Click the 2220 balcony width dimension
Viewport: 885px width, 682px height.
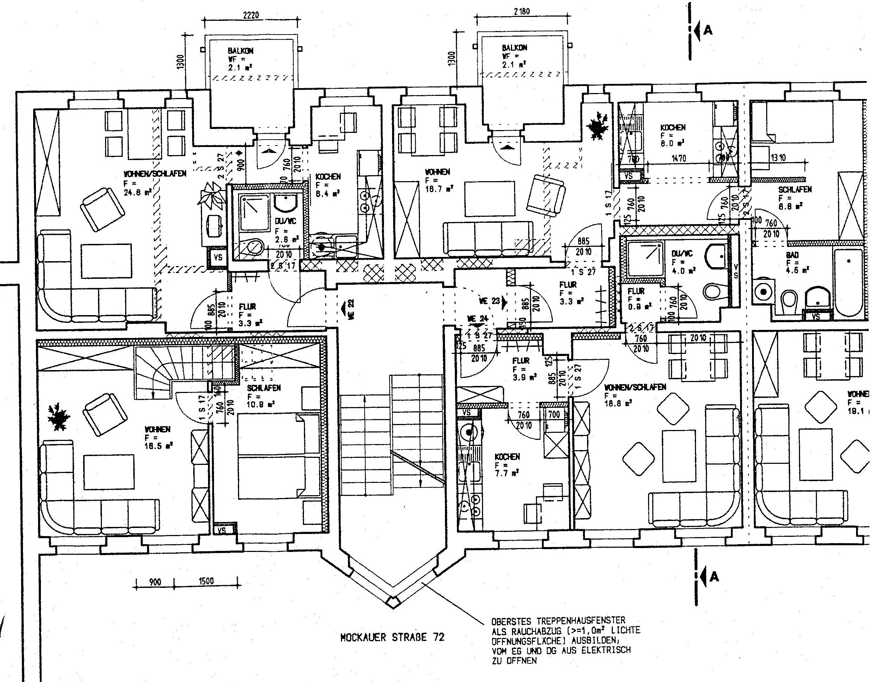coord(251,15)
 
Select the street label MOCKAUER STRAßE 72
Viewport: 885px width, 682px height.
coord(392,637)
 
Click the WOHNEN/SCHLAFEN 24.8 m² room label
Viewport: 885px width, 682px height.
coord(154,174)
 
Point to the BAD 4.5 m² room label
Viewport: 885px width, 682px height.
coord(792,255)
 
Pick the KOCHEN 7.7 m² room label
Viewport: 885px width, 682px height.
coord(507,457)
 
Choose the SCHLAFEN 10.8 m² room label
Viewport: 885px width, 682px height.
coord(264,388)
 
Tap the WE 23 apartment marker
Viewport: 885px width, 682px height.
coord(489,301)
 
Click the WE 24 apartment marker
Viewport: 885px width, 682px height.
coord(478,319)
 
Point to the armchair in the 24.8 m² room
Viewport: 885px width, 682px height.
coord(103,209)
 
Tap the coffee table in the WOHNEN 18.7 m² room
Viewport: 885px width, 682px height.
coord(489,199)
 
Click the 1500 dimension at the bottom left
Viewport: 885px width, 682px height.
coord(206,582)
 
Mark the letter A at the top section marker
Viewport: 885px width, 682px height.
coord(708,30)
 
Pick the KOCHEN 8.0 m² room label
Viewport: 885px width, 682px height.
coord(673,127)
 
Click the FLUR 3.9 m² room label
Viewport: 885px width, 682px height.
coord(521,361)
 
